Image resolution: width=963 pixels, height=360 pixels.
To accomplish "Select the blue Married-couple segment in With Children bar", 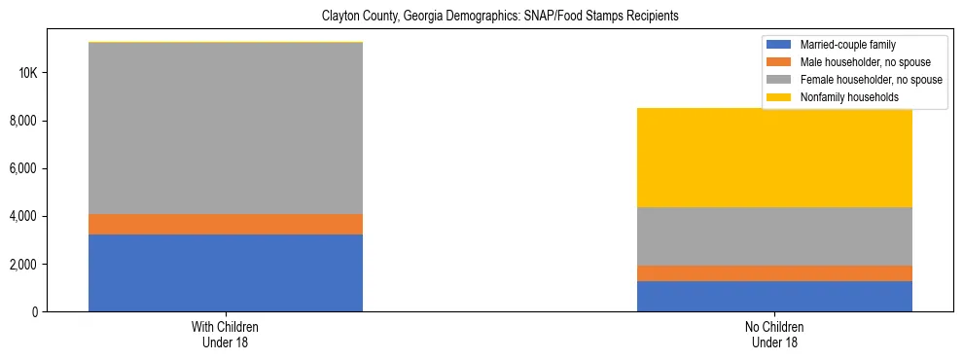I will point(226,272).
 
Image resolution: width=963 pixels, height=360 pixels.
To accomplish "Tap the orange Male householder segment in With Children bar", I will point(226,224).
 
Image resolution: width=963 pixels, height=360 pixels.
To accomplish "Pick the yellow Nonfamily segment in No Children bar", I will point(774,158).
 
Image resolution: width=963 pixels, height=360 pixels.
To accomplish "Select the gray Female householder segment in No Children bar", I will point(774,236).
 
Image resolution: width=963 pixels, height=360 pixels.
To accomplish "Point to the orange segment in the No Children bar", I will point(774,273).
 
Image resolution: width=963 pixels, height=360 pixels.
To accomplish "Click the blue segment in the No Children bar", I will point(774,296).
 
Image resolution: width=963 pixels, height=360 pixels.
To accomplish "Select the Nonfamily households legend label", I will point(842,97).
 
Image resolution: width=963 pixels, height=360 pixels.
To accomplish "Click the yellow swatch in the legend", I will point(779,97).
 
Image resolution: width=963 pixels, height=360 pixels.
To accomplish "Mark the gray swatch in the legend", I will point(779,80).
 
